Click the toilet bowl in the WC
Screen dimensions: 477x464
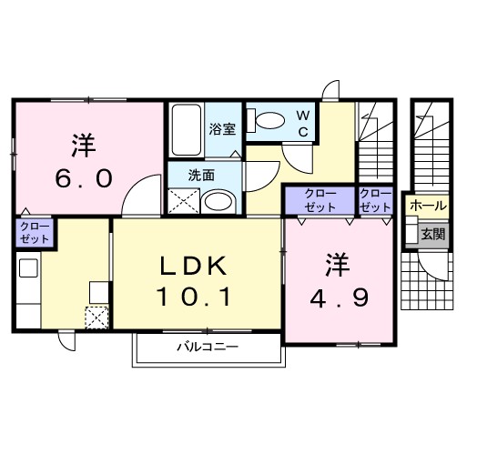click(270, 121)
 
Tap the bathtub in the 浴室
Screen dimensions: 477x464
click(187, 130)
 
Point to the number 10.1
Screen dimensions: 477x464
click(195, 298)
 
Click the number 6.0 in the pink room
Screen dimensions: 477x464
click(84, 178)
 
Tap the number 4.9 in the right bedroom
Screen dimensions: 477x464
click(340, 298)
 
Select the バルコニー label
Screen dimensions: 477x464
click(208, 347)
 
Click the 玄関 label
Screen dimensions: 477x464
click(433, 234)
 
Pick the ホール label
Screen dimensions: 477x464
click(428, 207)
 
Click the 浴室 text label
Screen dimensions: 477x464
click(222, 129)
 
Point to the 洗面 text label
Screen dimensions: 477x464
click(201, 176)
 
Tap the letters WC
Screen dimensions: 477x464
click(303, 124)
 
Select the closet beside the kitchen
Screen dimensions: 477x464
click(35, 233)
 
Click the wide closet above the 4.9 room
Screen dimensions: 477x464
click(320, 200)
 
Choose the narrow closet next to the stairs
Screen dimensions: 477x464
click(376, 200)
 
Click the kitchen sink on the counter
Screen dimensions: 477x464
click(28, 267)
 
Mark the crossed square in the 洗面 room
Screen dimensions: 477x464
click(184, 201)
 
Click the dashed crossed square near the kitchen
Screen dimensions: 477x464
click(96, 318)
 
